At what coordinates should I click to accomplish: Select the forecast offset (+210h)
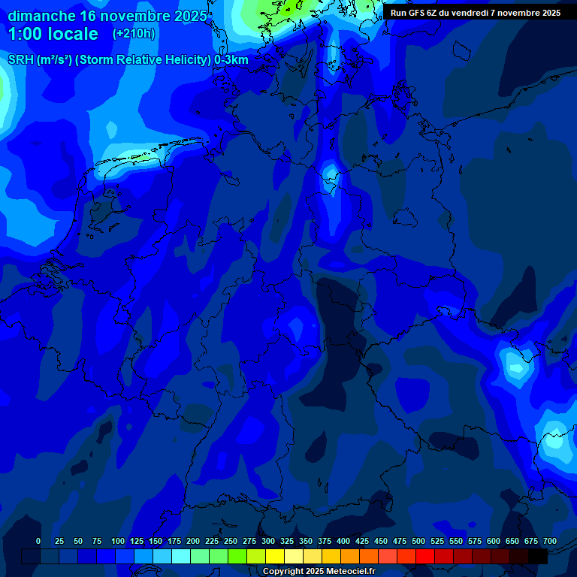(x=134, y=34)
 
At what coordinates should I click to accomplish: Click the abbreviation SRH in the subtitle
(x=21, y=60)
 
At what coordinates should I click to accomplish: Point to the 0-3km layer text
(x=231, y=60)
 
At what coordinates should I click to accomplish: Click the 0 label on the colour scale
(x=38, y=541)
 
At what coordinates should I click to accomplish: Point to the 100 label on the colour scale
(x=118, y=541)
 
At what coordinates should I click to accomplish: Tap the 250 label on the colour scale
(x=231, y=541)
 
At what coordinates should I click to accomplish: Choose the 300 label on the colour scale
(x=268, y=541)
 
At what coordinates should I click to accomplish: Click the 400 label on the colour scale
(x=343, y=541)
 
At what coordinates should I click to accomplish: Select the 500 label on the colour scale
(x=418, y=541)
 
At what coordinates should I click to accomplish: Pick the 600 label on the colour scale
(x=494, y=541)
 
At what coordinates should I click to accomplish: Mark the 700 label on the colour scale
(x=549, y=541)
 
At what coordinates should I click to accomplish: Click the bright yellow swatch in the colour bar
(x=275, y=556)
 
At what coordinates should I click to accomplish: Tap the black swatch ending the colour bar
(x=538, y=556)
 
